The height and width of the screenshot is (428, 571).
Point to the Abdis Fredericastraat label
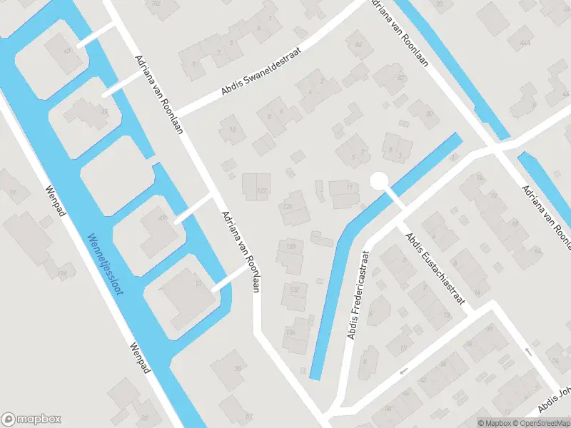358,295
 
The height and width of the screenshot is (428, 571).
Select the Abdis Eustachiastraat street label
435,269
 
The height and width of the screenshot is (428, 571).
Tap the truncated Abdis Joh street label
555,400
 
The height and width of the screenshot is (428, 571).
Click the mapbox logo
31,419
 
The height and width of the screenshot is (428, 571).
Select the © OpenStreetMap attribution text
539,422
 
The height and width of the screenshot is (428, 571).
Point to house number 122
261,190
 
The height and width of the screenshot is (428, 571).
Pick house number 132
294,290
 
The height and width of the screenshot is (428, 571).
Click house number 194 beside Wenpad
63,273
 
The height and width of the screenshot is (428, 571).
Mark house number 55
238,369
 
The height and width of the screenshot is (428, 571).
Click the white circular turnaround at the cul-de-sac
378,181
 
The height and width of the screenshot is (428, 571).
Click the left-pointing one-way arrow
404,372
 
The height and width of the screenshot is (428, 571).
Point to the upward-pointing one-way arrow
528,350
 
